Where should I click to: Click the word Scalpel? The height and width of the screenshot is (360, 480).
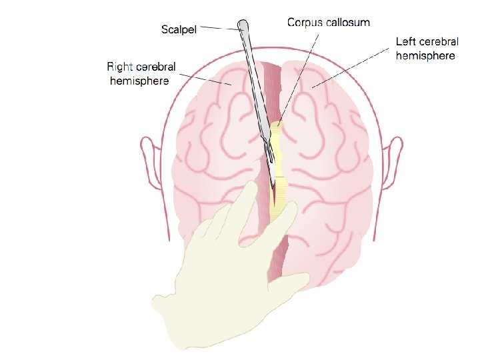tap(179, 29)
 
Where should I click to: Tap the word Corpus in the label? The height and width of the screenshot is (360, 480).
tap(304, 22)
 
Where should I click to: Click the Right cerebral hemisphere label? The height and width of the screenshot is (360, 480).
tap(139, 73)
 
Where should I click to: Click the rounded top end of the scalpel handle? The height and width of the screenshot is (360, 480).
tap(243, 26)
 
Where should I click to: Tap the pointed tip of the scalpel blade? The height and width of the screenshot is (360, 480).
tap(273, 187)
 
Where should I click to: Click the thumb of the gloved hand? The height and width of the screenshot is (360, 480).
tap(287, 215)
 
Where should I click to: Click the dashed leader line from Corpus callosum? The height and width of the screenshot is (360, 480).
tap(297, 73)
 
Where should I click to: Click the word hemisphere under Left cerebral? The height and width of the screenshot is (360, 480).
tap(425, 56)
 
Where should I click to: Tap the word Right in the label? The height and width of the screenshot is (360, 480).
tap(120, 66)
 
